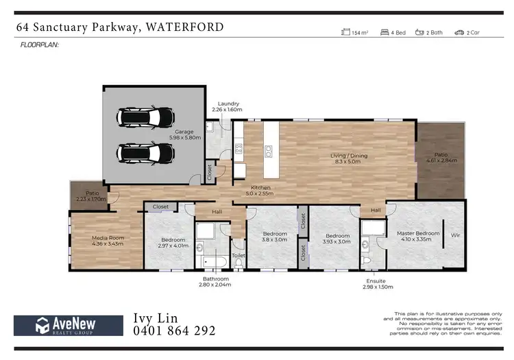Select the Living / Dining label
point(350,156)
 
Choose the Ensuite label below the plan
point(376,281)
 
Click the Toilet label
point(238,256)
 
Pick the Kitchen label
point(260,187)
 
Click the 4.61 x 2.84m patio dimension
point(441,160)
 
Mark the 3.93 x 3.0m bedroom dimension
point(336,241)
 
